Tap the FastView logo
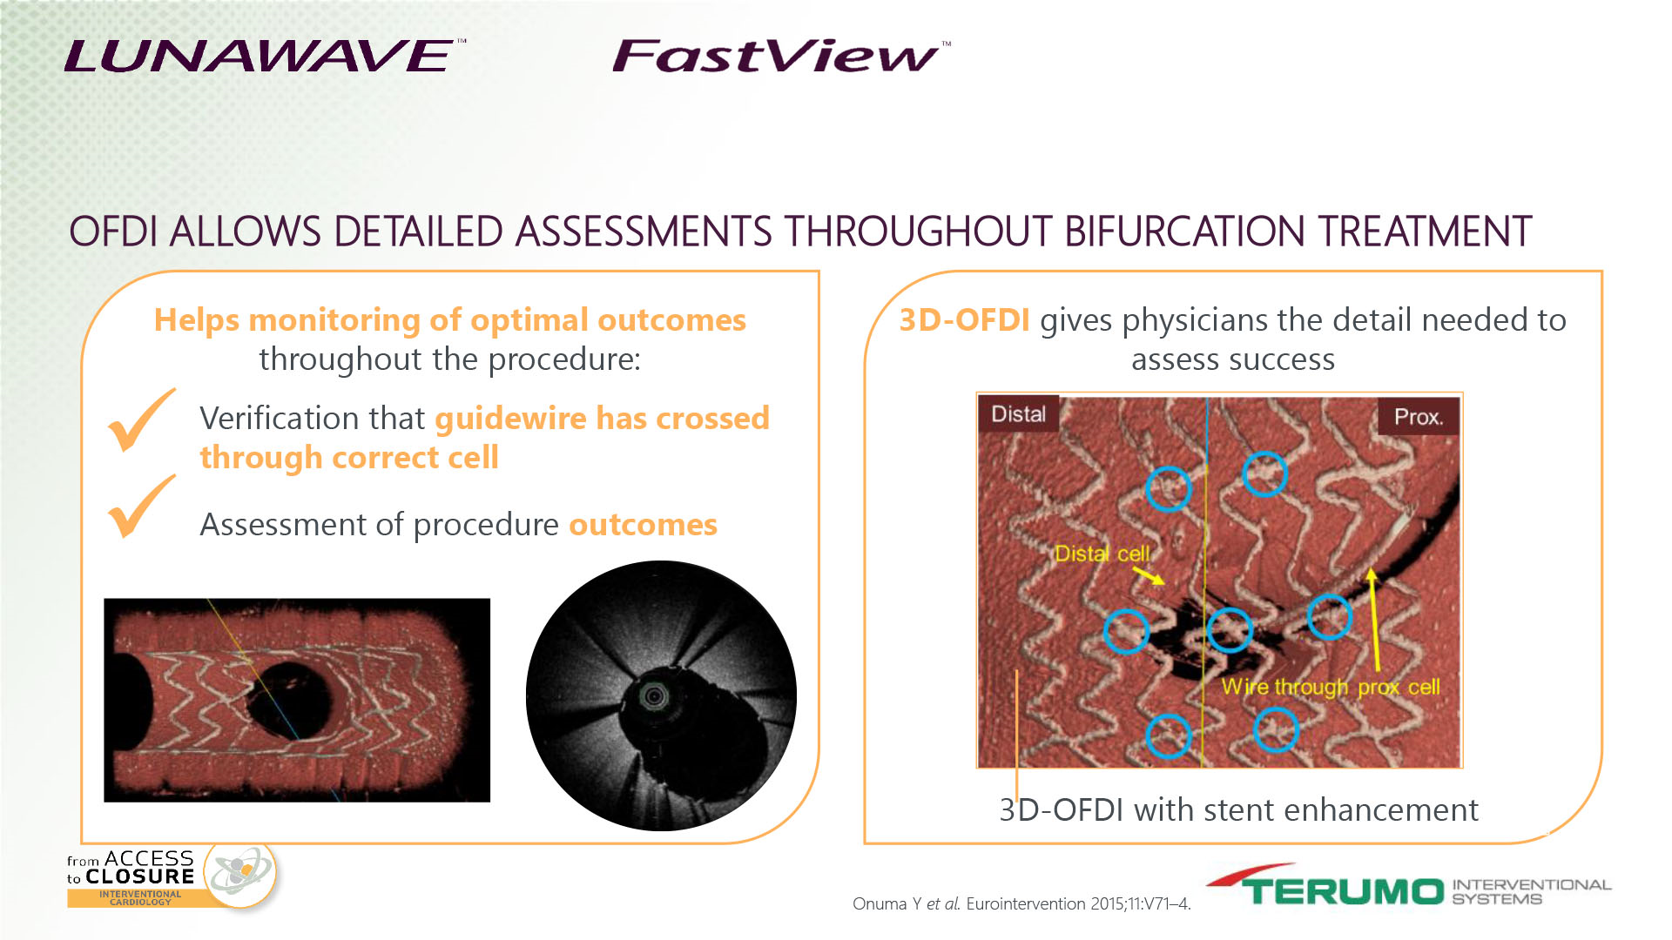[780, 56]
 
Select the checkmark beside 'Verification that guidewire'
[141, 420]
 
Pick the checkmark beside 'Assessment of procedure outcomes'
[141, 507]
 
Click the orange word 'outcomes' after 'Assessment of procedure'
[643, 525]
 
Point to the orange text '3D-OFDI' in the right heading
[965, 320]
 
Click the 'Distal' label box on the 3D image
[1018, 413]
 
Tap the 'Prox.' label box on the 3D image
[1419, 417]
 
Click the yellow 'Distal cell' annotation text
[1102, 554]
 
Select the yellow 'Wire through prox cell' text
[1331, 687]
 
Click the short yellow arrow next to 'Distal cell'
[1149, 575]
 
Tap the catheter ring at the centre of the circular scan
[654, 695]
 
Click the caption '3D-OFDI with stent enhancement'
[1238, 810]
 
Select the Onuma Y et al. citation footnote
[1021, 903]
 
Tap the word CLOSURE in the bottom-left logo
[139, 876]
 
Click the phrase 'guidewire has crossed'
[602, 419]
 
